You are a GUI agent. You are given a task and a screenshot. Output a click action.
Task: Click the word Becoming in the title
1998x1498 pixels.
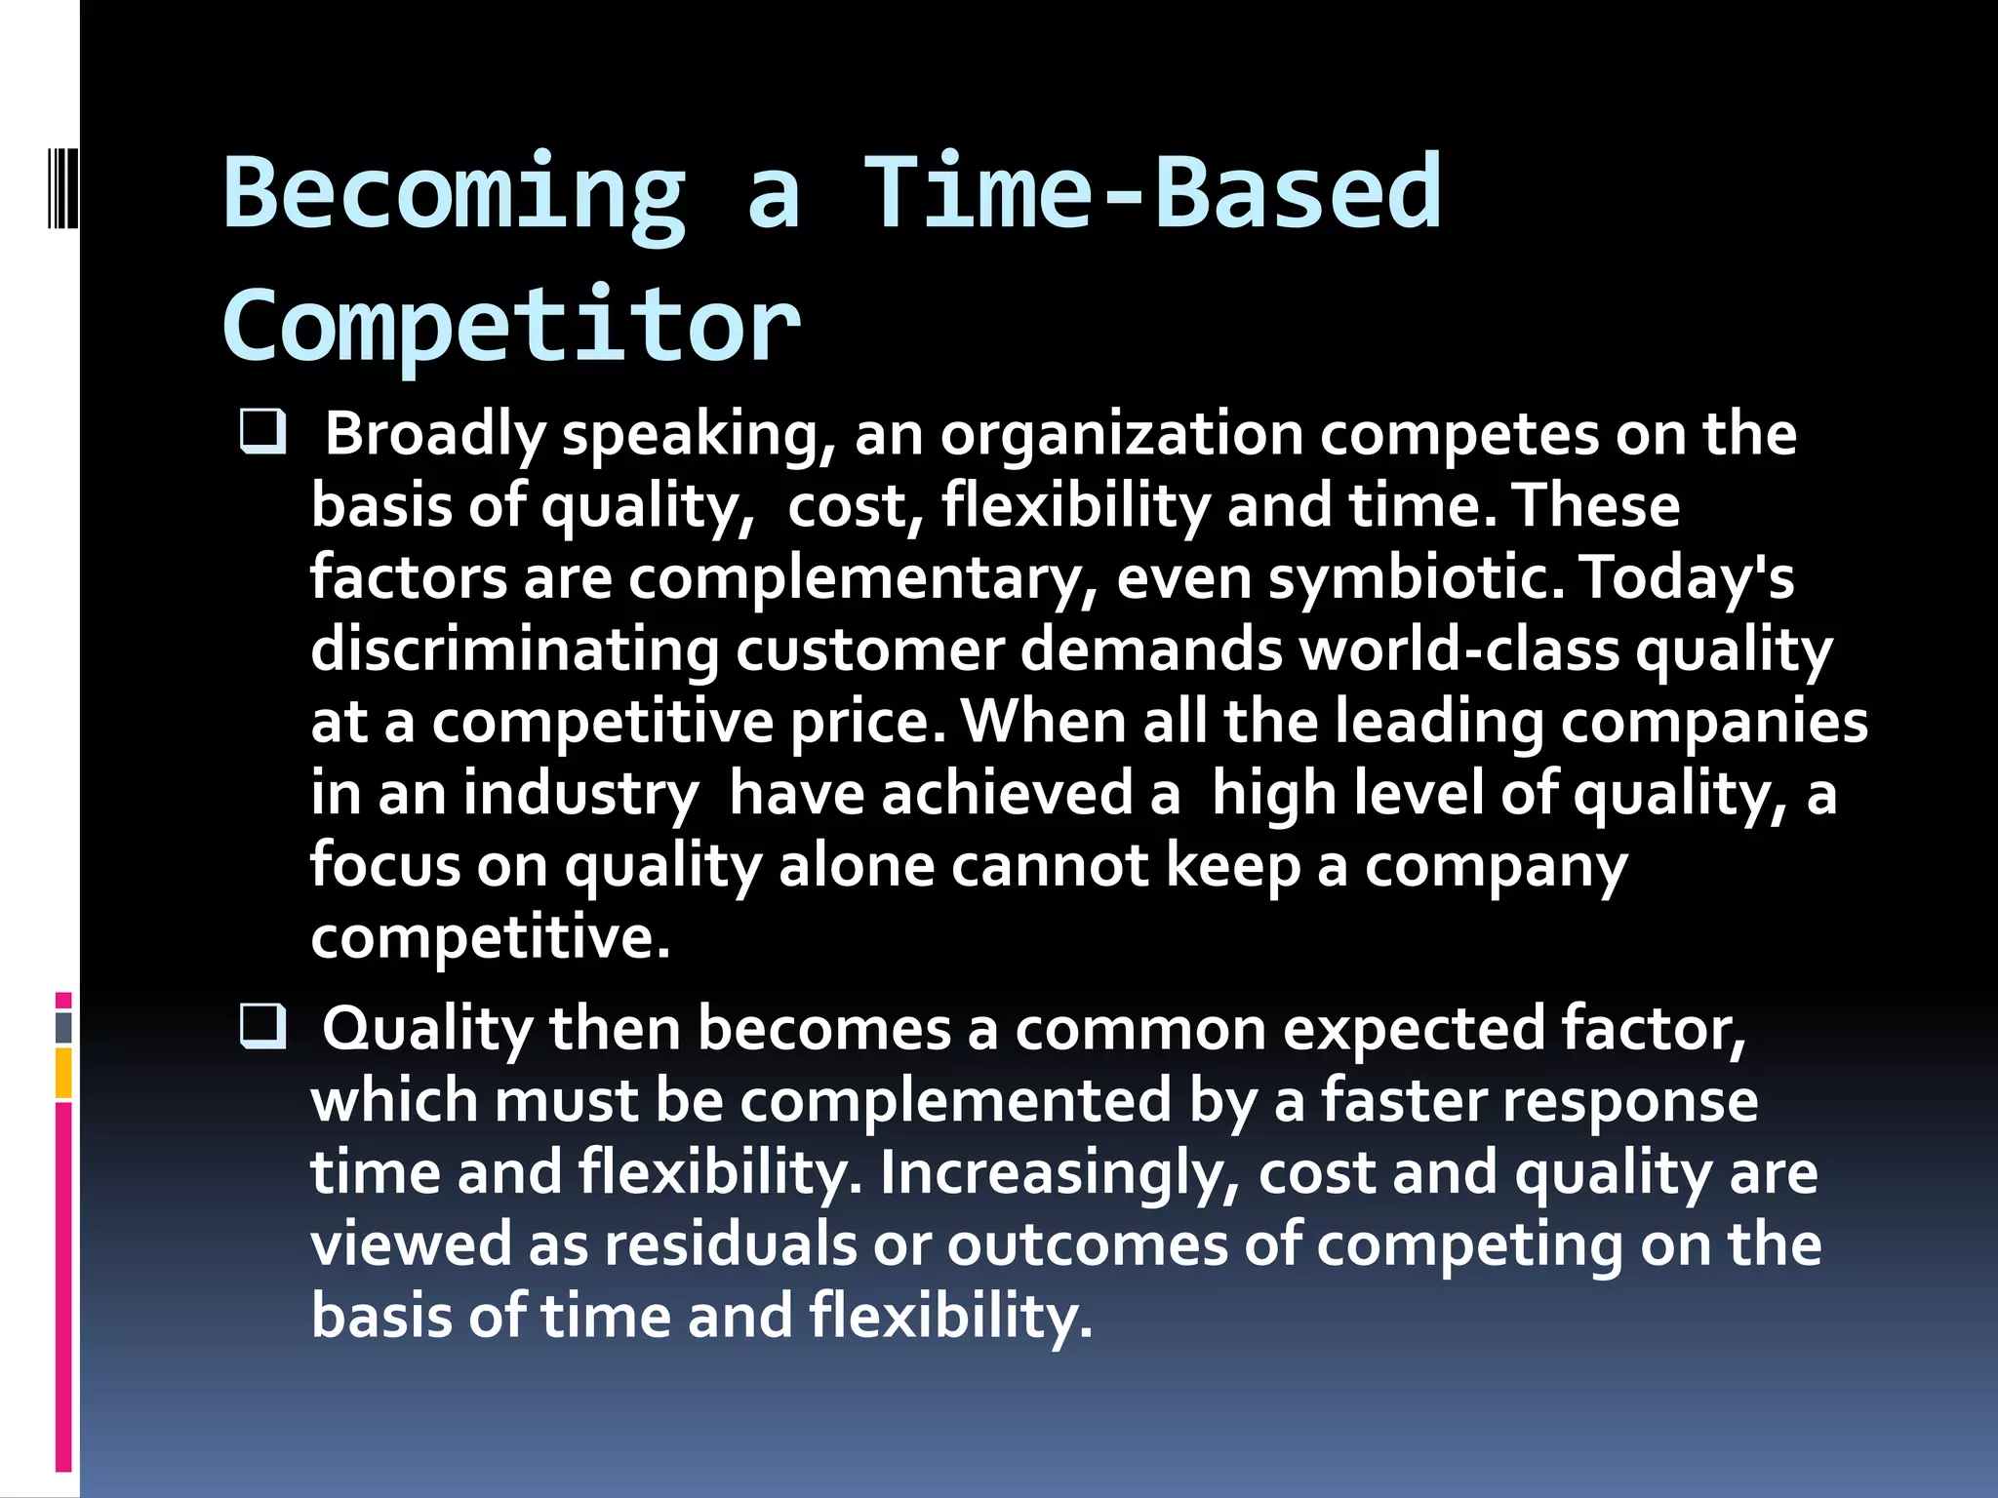pos(455,195)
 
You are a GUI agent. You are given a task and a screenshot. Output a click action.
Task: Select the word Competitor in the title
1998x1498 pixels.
pos(511,326)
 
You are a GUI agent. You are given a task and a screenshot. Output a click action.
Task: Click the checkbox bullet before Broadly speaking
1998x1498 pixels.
pos(262,432)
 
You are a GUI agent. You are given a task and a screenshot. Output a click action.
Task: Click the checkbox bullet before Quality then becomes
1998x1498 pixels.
pos(262,1027)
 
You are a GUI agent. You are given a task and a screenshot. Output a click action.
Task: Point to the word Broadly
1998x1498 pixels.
pos(434,434)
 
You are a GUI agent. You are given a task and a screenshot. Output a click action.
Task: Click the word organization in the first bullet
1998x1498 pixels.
pos(1121,434)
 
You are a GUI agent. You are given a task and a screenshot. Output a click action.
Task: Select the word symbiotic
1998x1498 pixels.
pos(1416,577)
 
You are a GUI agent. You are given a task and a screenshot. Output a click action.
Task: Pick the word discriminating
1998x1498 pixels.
pos(514,650)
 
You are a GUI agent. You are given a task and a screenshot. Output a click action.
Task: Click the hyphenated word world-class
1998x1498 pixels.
pos(1459,650)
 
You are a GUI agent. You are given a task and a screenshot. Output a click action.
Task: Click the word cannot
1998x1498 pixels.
pos(1050,865)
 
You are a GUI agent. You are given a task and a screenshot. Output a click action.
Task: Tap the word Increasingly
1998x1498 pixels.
pos(1059,1173)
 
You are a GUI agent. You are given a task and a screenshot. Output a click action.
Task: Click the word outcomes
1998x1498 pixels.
pos(1087,1244)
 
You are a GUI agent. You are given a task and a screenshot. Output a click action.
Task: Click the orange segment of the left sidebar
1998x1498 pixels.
pos(63,1073)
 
